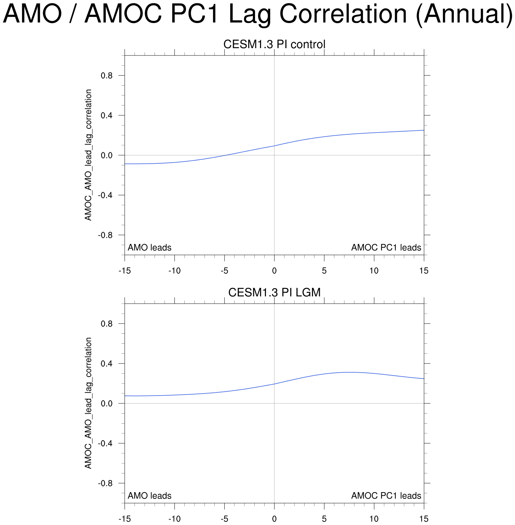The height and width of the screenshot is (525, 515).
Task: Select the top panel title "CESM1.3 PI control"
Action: tap(274, 45)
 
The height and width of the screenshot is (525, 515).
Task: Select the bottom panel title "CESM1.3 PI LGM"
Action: tap(274, 293)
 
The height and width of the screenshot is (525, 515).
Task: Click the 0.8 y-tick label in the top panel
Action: tap(108, 76)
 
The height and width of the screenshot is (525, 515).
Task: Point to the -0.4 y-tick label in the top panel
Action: tap(106, 195)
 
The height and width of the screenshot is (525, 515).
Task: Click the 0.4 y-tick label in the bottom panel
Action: tap(108, 363)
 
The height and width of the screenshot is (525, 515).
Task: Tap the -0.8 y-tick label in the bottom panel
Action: tap(106, 483)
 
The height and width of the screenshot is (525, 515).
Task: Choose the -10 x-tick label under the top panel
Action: tap(174, 271)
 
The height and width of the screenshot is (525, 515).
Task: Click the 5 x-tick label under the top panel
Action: tap(324, 271)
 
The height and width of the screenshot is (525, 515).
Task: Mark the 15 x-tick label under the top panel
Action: tap(424, 271)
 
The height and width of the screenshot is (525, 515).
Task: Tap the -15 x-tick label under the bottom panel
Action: tap(125, 519)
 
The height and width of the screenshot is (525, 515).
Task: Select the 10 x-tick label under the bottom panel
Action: tap(374, 519)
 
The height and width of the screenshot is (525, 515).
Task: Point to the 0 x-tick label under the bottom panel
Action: tap(274, 519)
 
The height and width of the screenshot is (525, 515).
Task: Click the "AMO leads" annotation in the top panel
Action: tap(149, 247)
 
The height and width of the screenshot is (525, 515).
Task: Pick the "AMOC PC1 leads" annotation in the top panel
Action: tap(386, 247)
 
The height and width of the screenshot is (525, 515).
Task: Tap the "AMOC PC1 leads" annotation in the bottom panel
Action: tap(386, 496)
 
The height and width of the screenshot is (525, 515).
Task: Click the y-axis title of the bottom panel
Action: tap(88, 403)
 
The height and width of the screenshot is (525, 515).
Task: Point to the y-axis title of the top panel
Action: tap(88, 155)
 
